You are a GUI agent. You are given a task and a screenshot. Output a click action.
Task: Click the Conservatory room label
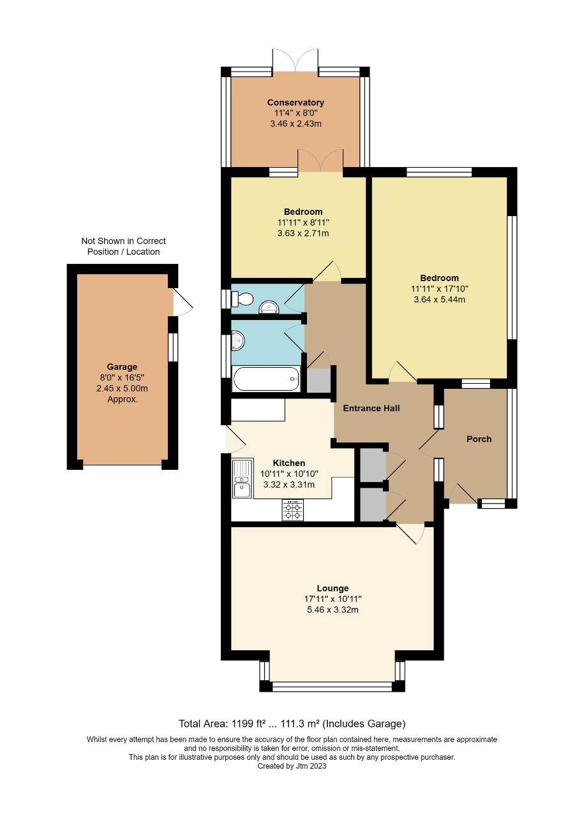296,102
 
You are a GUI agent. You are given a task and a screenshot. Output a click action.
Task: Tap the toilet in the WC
243,298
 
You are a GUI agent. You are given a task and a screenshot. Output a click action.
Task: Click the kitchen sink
242,479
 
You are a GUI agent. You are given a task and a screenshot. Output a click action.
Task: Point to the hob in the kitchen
293,510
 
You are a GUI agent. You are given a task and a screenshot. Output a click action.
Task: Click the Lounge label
333,588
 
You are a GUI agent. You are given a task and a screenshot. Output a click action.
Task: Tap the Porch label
479,439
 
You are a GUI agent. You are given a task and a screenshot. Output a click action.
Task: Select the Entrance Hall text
371,408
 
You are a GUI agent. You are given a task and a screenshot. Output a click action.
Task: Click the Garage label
122,367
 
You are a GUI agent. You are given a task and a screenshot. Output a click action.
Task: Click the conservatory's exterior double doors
296,61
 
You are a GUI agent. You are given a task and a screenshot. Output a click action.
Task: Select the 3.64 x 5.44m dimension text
439,299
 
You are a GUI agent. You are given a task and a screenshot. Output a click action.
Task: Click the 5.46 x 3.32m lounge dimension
333,609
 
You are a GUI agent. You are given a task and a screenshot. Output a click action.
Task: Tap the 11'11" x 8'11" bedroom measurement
303,222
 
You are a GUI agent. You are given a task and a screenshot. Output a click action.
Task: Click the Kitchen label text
289,463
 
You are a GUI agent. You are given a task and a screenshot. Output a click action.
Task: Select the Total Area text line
292,724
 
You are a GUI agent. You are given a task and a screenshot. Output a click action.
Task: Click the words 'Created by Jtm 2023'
292,766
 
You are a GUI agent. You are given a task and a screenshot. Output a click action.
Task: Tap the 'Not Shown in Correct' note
123,241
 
